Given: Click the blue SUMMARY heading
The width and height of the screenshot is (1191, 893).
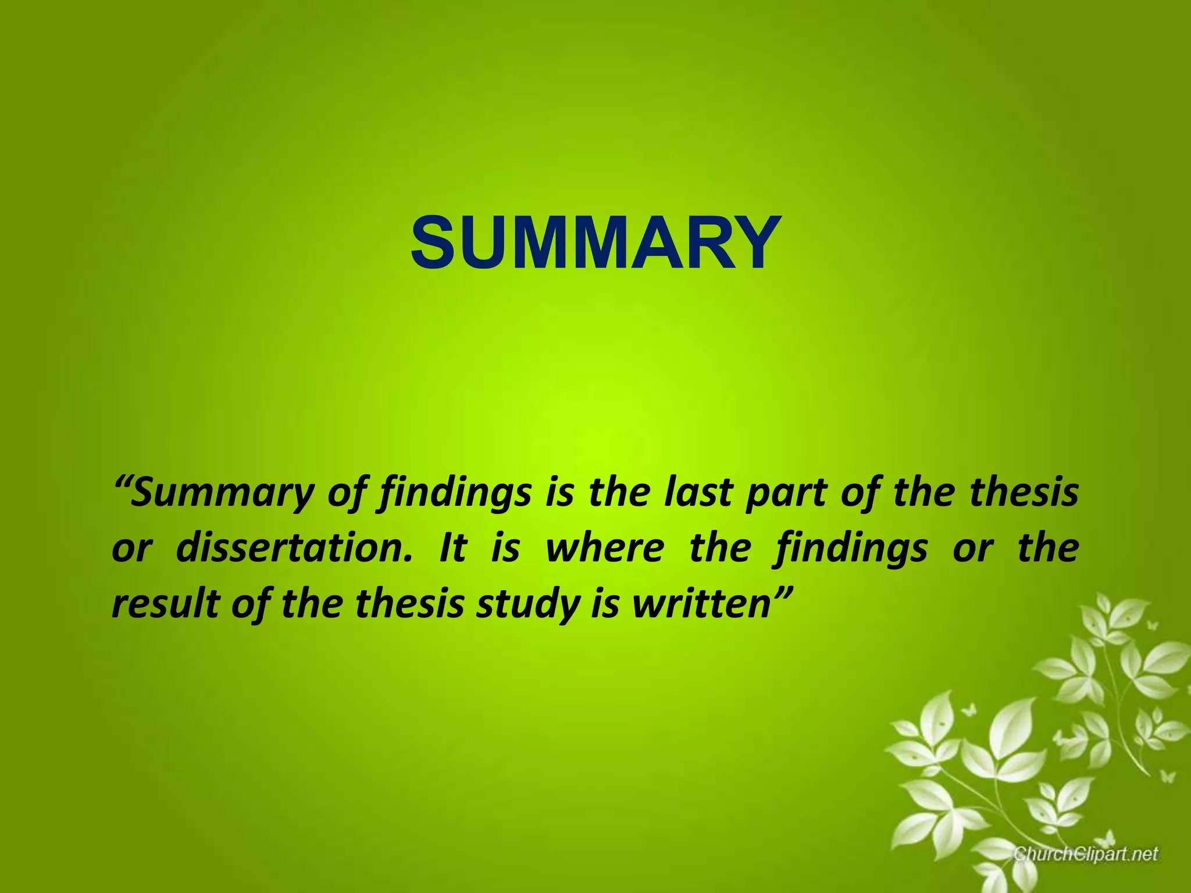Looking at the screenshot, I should pos(594,242).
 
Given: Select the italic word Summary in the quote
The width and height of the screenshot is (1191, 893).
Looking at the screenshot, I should pos(221,493).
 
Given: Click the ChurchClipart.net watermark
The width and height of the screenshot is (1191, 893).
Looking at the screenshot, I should pos(1086,854).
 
